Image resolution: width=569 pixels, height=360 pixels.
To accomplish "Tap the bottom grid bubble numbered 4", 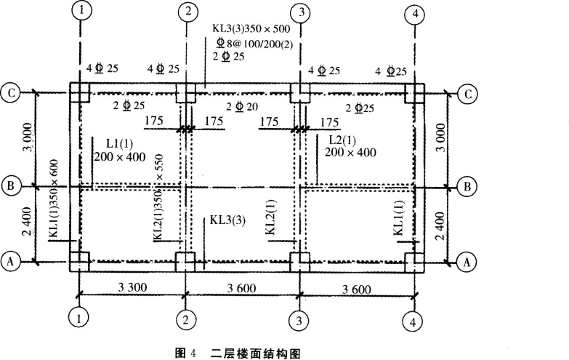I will click(x=413, y=321).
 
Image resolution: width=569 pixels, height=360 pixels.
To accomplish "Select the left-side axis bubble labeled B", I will click(x=11, y=187).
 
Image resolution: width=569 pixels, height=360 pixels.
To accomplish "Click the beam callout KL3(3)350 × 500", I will click(x=251, y=28).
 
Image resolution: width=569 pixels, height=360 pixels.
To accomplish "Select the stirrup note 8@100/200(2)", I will click(x=257, y=42).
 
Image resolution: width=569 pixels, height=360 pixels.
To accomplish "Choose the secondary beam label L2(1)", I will click(x=340, y=140).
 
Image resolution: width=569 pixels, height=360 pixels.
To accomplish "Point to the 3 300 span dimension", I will click(x=132, y=287).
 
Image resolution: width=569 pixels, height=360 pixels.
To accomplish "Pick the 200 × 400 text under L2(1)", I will click(x=350, y=153).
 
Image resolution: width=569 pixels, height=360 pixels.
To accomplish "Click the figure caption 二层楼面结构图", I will click(x=255, y=353).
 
